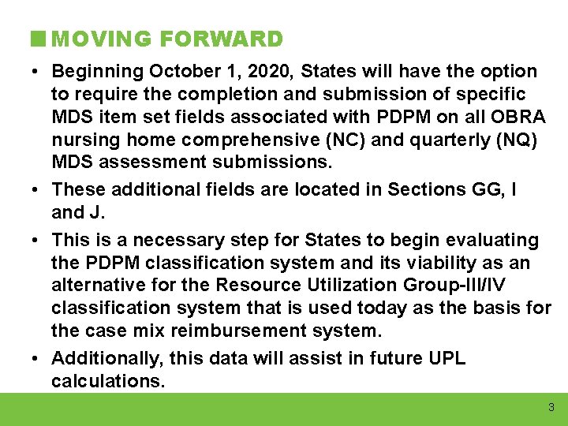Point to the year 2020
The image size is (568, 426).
point(271,72)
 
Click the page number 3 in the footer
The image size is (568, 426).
point(551,408)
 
